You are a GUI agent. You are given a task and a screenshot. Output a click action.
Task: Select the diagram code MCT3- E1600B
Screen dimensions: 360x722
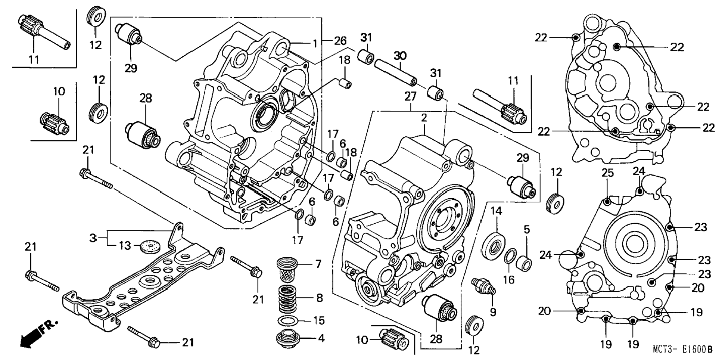[x=682, y=350]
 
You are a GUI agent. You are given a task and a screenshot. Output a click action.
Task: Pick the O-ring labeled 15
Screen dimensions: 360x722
[x=289, y=320]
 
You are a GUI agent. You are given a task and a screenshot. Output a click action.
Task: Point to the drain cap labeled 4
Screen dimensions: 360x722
[x=288, y=339]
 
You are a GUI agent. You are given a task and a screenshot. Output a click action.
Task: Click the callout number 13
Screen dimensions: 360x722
[x=125, y=246]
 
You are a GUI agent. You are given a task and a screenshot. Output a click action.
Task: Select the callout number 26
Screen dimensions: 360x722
[x=340, y=40]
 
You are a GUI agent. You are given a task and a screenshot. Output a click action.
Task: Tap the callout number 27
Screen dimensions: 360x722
[x=410, y=97]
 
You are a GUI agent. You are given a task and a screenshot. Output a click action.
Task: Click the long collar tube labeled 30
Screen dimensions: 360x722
[x=395, y=71]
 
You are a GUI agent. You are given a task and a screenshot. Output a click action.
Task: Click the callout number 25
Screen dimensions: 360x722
[x=607, y=173]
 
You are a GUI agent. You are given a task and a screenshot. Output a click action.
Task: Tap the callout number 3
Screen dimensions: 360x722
[x=93, y=237]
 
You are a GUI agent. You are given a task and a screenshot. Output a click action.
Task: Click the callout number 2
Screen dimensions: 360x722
[x=424, y=118]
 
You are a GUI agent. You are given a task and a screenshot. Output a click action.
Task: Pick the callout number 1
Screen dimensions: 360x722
[x=315, y=43]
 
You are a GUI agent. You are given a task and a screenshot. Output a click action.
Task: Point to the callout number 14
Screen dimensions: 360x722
[x=496, y=211]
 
